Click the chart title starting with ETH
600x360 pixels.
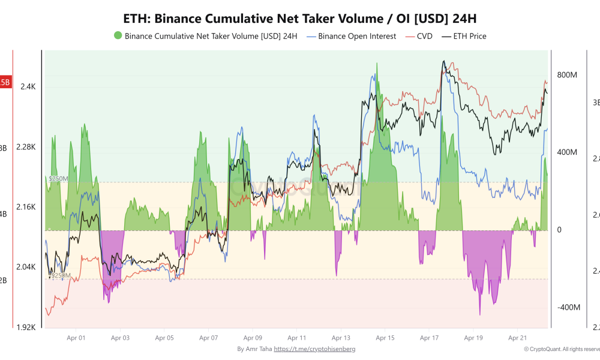[x=299, y=17]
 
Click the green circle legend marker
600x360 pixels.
[x=117, y=36]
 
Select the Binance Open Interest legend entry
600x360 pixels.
[x=351, y=36]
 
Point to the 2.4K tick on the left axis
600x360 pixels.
[x=28, y=86]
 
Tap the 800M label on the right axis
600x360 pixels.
[x=567, y=75]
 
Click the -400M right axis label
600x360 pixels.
[x=568, y=307]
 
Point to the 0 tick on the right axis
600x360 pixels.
[x=559, y=230]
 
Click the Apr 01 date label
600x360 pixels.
[x=76, y=338]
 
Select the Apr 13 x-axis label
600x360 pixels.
[x=341, y=338]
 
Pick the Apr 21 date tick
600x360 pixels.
[x=517, y=338]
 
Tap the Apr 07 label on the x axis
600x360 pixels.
[x=208, y=338]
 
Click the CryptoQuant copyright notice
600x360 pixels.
[x=560, y=349]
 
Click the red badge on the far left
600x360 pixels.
[x=5, y=82]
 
